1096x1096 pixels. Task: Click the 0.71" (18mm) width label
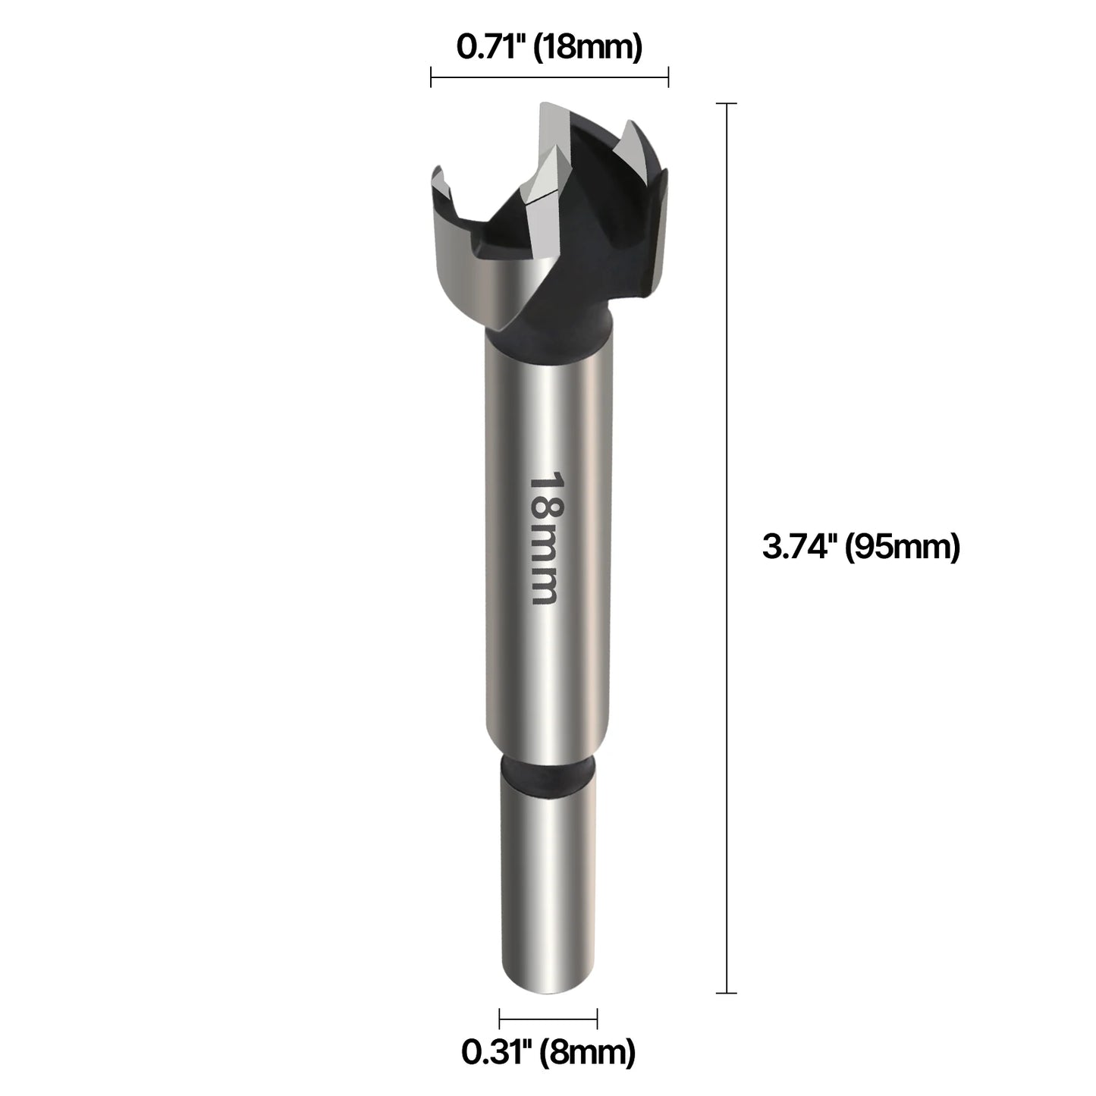point(549,47)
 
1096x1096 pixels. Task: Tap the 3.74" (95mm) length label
point(861,546)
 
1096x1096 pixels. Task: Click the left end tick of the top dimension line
point(432,77)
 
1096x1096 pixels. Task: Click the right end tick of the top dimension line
point(668,77)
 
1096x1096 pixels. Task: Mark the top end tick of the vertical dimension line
point(727,103)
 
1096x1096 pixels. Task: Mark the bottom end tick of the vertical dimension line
point(727,993)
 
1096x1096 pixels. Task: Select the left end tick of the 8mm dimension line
point(500,1019)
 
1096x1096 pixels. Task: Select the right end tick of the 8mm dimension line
point(598,1019)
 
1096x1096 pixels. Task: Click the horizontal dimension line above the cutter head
point(549,77)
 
